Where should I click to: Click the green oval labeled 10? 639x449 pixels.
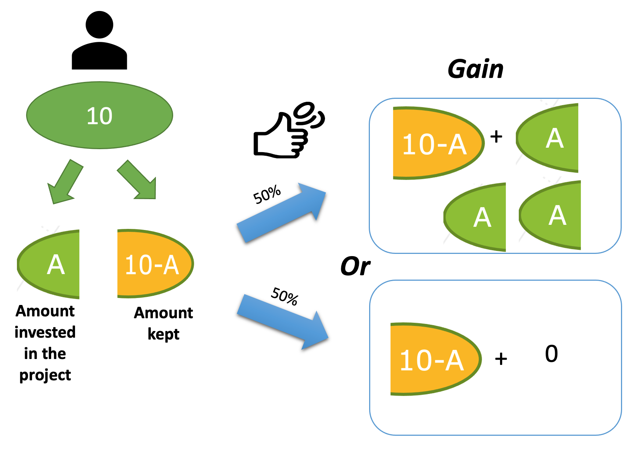click(x=99, y=115)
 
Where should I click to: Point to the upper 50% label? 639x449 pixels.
click(x=267, y=194)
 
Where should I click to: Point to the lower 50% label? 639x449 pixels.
click(x=285, y=296)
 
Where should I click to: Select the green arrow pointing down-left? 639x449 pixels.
click(x=65, y=182)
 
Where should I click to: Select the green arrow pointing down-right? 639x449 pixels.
click(x=138, y=180)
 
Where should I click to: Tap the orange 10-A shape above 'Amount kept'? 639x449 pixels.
click(x=154, y=264)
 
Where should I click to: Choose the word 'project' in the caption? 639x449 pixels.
click(x=45, y=375)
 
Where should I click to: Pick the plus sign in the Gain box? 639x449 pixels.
click(x=496, y=137)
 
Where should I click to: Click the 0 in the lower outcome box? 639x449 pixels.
click(x=551, y=354)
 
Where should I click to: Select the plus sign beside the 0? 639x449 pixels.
click(x=501, y=359)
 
